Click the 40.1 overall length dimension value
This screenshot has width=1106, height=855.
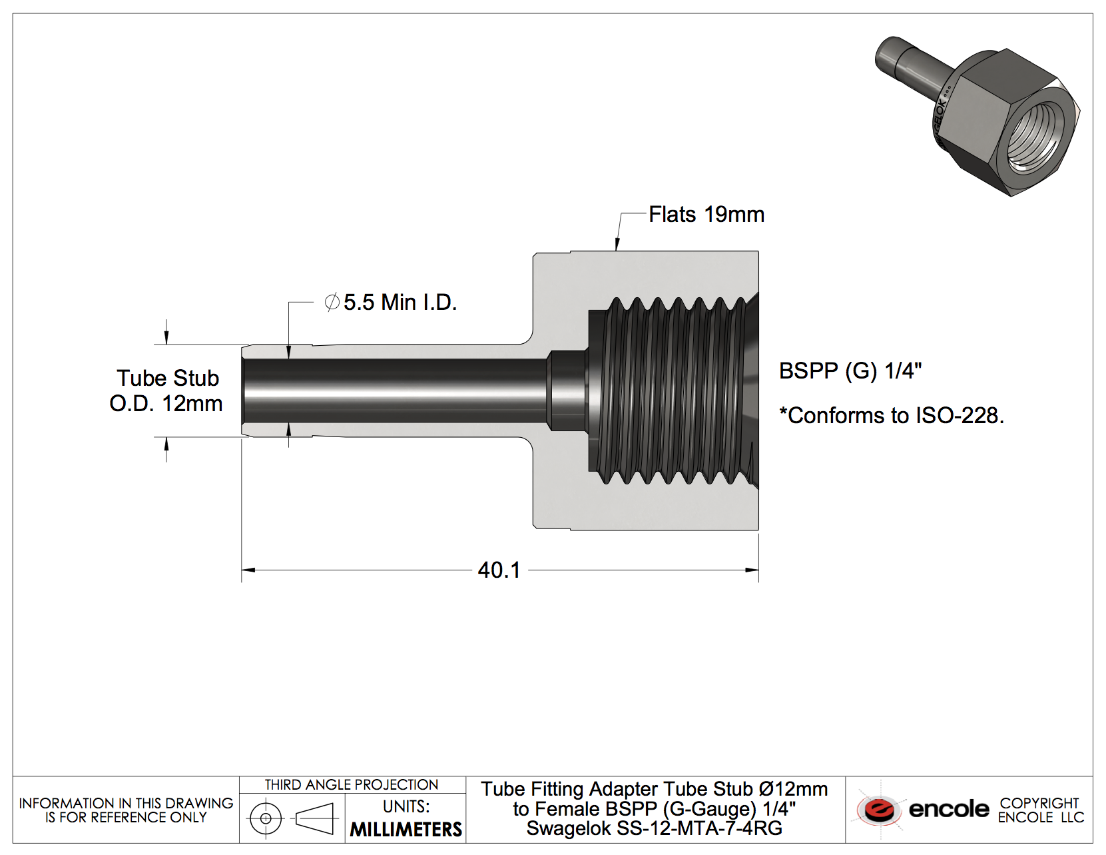(499, 570)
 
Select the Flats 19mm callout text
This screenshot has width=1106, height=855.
(706, 215)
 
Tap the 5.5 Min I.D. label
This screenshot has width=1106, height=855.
(400, 303)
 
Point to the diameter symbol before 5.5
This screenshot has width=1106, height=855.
(332, 303)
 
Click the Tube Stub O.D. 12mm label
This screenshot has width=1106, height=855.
(166, 391)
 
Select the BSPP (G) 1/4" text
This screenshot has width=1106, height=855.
(850, 371)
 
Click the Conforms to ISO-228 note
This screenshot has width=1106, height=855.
(891, 416)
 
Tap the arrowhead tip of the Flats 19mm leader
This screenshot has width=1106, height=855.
(617, 250)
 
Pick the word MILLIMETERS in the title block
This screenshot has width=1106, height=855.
(406, 830)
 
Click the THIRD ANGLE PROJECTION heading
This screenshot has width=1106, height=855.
(351, 785)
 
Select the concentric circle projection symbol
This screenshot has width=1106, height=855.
(266, 818)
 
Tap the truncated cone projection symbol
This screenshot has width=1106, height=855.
(314, 818)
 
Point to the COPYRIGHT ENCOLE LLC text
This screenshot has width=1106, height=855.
(1040, 810)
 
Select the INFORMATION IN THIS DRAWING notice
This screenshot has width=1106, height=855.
(126, 810)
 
